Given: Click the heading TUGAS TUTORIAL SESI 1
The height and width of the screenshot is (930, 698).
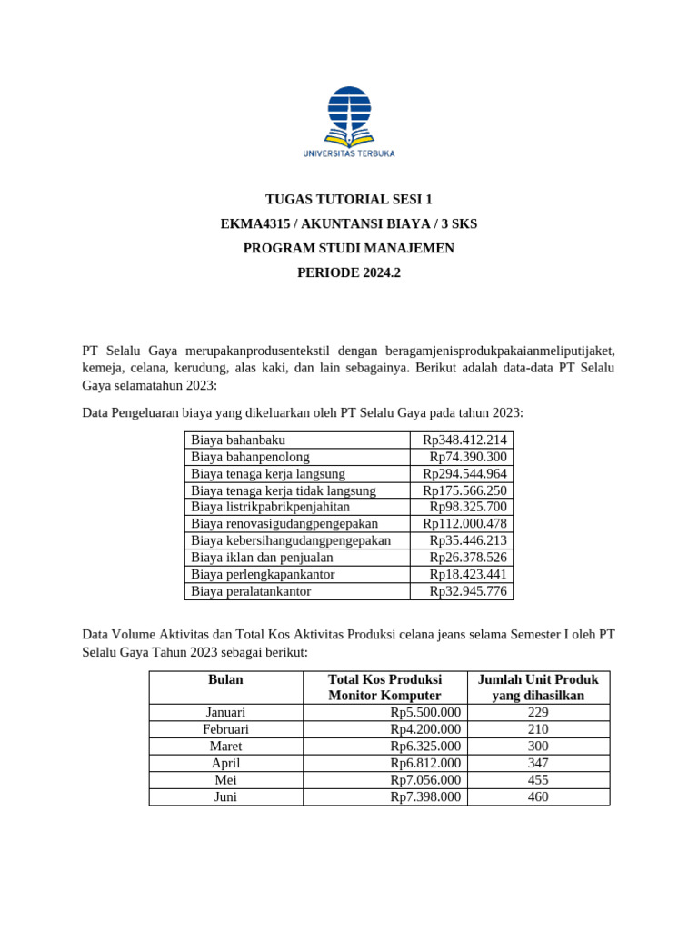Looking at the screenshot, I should pyautogui.click(x=348, y=200).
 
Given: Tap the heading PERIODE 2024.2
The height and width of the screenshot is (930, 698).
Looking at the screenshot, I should pyautogui.click(x=348, y=272).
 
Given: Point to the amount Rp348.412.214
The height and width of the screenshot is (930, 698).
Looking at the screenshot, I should pyautogui.click(x=464, y=440).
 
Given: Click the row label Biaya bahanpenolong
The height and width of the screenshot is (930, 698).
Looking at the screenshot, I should pyautogui.click(x=250, y=457).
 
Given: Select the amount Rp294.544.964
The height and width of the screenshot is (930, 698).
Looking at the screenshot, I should pyautogui.click(x=464, y=474).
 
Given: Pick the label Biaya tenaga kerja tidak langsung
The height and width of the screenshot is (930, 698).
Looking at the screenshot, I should pyautogui.click(x=283, y=490).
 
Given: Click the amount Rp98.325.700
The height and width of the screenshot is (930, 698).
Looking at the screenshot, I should pyautogui.click(x=468, y=507).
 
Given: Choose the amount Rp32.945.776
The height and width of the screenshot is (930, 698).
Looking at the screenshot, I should pyautogui.click(x=468, y=591).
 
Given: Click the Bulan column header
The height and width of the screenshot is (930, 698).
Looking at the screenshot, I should pyautogui.click(x=225, y=679).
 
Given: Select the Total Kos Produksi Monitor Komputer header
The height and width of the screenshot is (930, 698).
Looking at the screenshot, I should pyautogui.click(x=384, y=688).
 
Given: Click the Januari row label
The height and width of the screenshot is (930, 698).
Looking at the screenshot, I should pyautogui.click(x=225, y=713).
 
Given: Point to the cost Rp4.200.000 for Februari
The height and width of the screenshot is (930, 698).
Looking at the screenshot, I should pyautogui.click(x=425, y=729).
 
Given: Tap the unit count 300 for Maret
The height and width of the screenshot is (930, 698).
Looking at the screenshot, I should pyautogui.click(x=538, y=747).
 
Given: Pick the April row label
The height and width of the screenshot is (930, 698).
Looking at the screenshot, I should pyautogui.click(x=225, y=764).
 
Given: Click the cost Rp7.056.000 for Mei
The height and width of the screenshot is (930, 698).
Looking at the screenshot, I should pyautogui.click(x=425, y=780).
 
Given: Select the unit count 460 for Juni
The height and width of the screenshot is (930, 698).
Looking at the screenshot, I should pyautogui.click(x=538, y=797).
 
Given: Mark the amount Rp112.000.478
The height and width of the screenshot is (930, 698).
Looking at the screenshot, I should pyautogui.click(x=464, y=524).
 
